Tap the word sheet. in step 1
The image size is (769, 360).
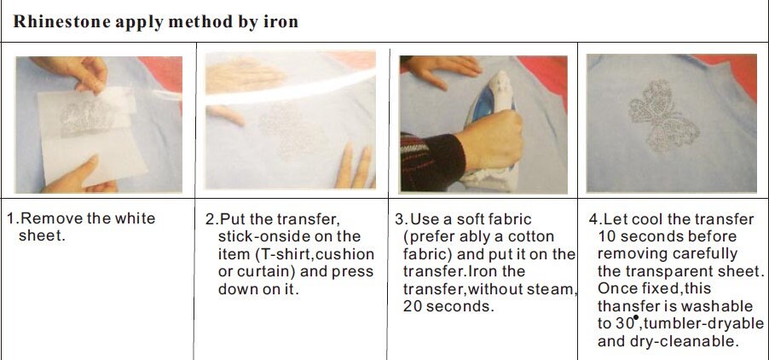click(x=43, y=235)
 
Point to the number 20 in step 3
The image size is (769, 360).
click(x=413, y=306)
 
